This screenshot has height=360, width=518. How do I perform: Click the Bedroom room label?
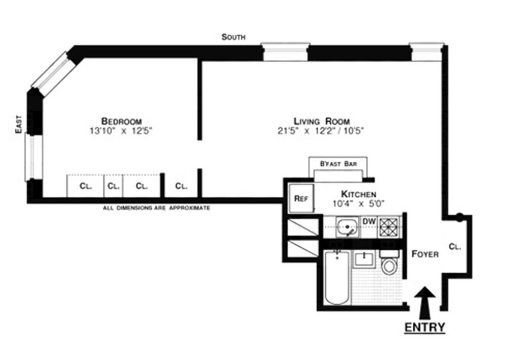(121, 121)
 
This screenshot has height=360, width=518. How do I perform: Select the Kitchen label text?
(358, 194)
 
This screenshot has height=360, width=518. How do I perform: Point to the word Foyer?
(424, 254)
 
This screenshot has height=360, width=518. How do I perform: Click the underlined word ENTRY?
(424, 327)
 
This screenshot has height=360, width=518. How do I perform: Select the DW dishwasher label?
(369, 221)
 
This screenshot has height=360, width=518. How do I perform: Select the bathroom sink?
(364, 259)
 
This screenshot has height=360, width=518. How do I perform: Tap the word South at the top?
(233, 37)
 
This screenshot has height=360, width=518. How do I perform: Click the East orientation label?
(19, 124)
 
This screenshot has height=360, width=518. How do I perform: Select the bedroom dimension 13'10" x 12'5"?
(120, 130)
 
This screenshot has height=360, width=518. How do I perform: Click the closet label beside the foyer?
(455, 247)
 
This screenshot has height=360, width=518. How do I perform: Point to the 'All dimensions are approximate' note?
(156, 208)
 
